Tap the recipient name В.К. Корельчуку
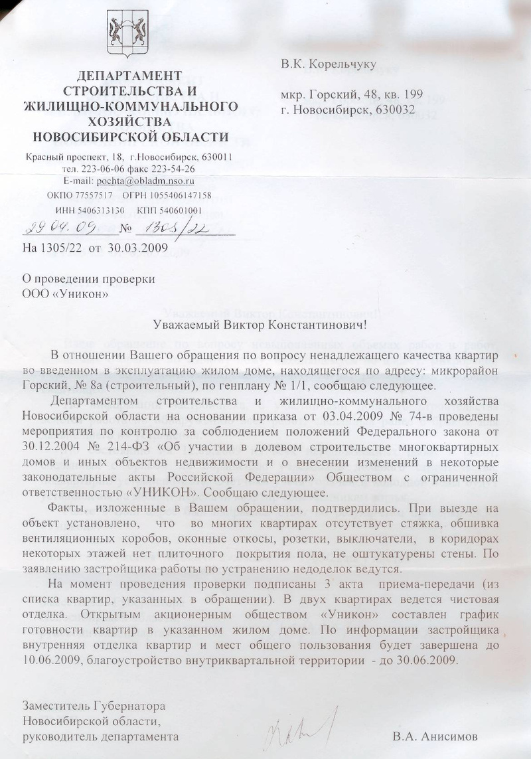click(329, 64)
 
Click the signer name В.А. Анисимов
click(435, 736)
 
